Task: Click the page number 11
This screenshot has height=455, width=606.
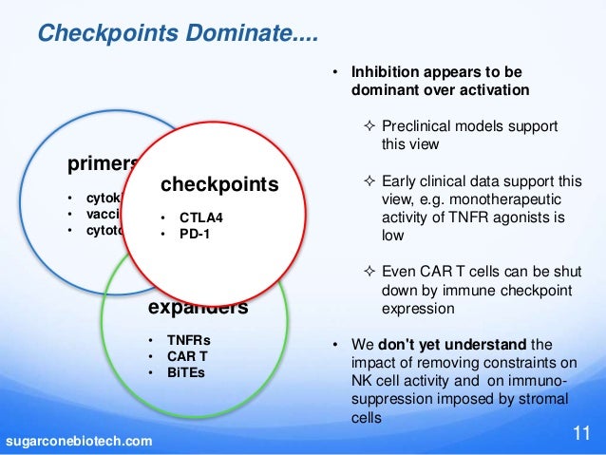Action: tap(581, 436)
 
